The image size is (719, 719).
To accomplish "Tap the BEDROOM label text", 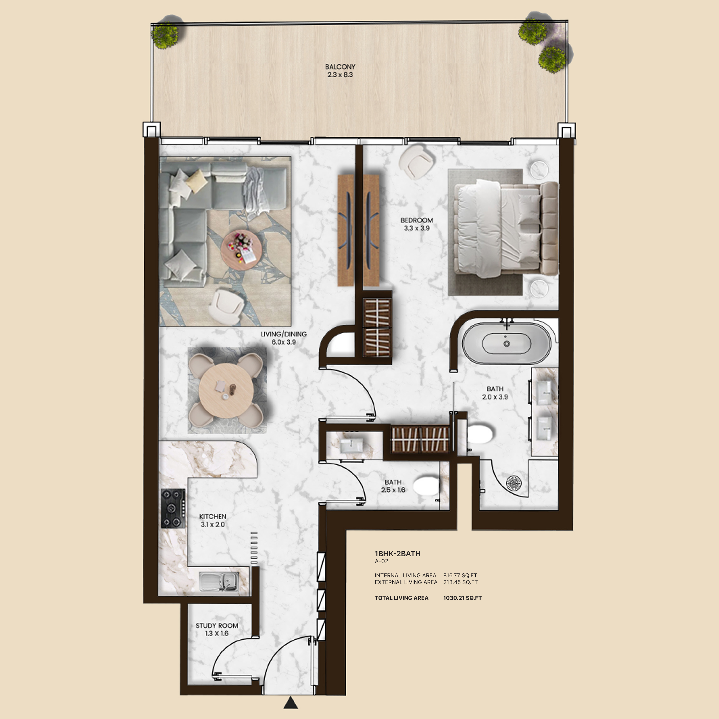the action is tap(417, 220).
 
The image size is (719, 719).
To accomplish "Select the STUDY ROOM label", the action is tap(217, 626).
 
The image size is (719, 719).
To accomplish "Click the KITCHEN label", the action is tap(213, 516).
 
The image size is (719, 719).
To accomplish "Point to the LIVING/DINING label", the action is tap(284, 334).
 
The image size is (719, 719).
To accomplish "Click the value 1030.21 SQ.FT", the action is tap(463, 598).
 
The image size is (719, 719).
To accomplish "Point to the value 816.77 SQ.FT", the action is tap(460, 575).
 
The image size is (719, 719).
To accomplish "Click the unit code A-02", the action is tap(382, 561).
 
